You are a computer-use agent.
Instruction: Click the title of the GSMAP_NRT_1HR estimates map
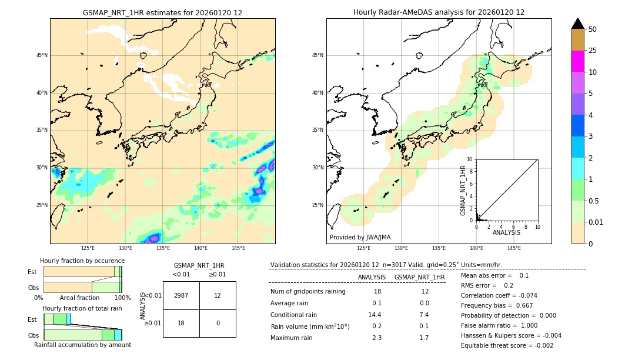pos(162,12)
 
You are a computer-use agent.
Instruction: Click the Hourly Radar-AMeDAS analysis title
pos(439,12)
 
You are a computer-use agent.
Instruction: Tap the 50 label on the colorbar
pos(593,29)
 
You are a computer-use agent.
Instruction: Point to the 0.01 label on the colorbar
pos(596,222)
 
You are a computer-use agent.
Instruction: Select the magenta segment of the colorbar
pos(577,61)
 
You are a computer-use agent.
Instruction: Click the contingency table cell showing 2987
pos(181,295)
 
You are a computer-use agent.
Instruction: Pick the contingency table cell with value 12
pos(218,295)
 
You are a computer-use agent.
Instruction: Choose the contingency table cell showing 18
pos(181,323)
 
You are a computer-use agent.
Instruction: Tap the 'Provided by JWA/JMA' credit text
pos(360,238)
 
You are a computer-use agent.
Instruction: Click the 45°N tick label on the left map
pos(42,55)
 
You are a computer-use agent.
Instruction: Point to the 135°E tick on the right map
pos(439,248)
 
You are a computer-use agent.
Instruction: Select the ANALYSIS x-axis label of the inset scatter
pos(506,232)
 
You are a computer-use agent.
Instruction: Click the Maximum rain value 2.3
pos(377,338)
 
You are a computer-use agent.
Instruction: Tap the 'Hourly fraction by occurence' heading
pos(82,261)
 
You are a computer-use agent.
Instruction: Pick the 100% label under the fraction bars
pos(122,298)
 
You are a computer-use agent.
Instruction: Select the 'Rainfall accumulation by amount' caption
pos(82,345)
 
